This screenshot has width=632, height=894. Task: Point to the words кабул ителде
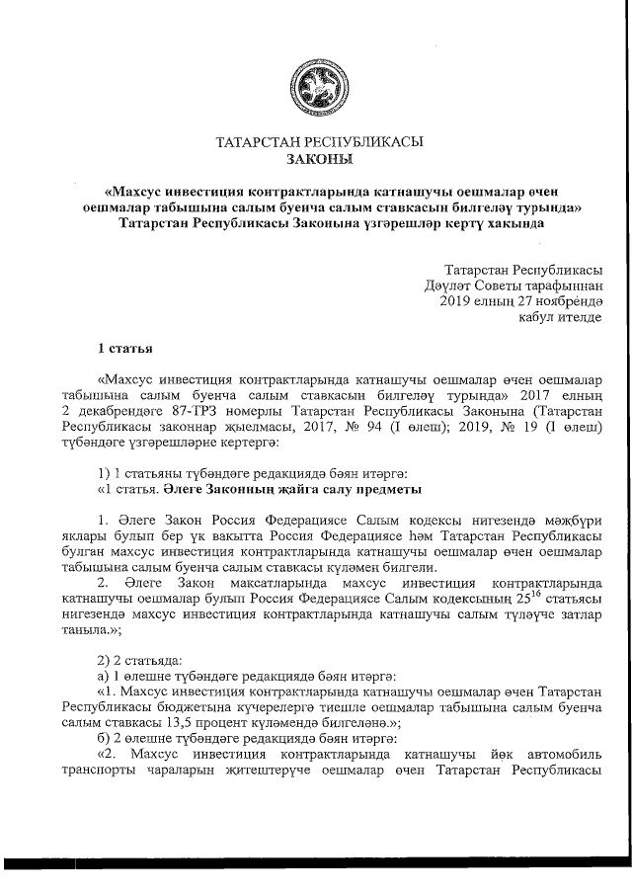[x=560, y=318]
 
